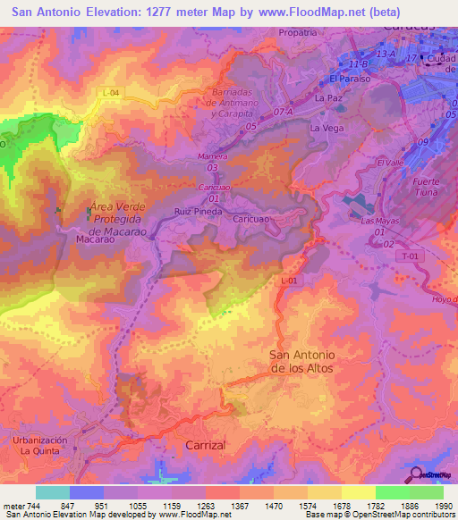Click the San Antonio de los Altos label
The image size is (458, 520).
click(x=307, y=361)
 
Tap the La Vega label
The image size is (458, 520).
click(x=327, y=129)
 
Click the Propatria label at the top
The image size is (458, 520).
click(x=298, y=32)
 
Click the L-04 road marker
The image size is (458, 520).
click(x=110, y=93)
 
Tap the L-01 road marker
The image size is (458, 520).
click(x=288, y=281)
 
